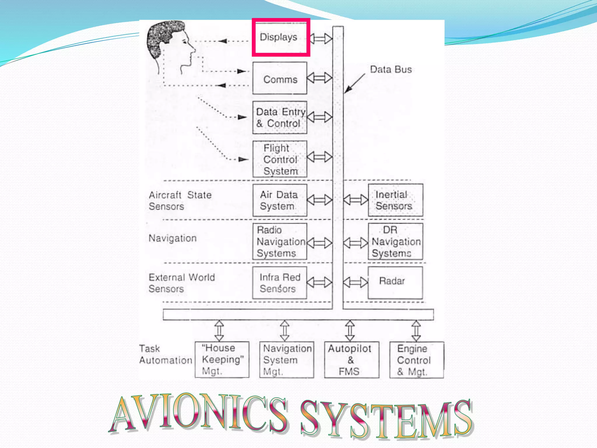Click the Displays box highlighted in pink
pos(280,37)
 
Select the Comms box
pos(280,78)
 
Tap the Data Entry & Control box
pos(280,118)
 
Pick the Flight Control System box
pos(280,159)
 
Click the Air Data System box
pos(280,200)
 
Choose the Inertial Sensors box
pos(395,200)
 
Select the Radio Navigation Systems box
pos(280,242)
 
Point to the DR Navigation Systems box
pos(395,242)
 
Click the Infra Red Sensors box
pos(280,283)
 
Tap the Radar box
pos(395,282)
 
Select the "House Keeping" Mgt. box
pos(222,360)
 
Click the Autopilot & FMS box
pos(352,360)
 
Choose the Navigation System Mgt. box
pos(287,360)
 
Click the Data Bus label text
pos(391,69)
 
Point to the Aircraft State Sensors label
pos(180,201)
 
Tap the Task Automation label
pos(165,354)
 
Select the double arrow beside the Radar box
pos(355,282)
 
